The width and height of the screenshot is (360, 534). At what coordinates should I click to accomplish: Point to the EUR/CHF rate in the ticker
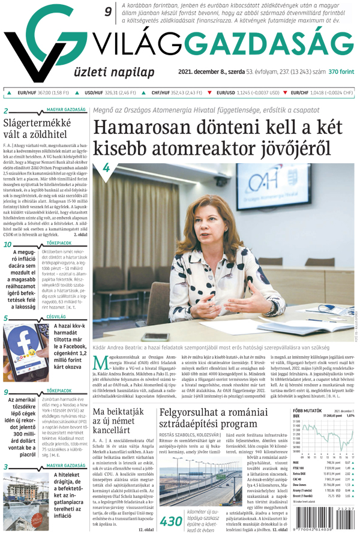click(x=322, y=93)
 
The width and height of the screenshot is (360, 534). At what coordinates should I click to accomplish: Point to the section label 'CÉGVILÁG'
click(x=56, y=316)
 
